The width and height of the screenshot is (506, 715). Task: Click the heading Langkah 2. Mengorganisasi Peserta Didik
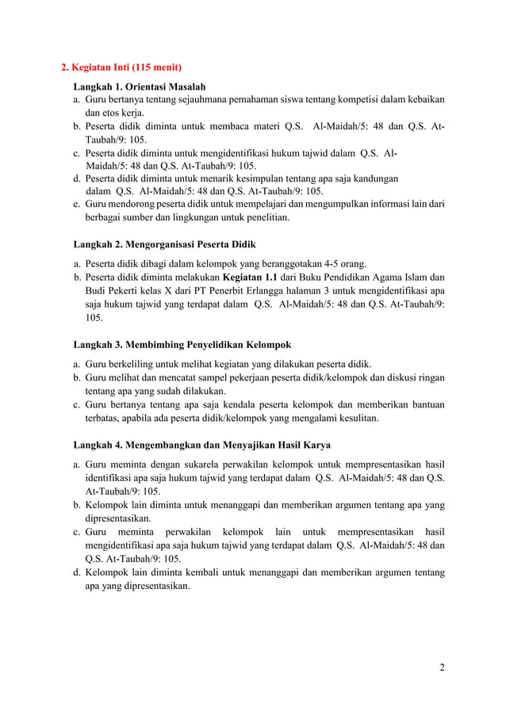(164, 243)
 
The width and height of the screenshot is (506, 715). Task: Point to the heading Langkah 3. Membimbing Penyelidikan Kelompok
(182, 345)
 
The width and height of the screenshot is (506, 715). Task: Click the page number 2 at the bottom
(442, 667)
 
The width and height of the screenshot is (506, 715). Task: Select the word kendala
(233, 404)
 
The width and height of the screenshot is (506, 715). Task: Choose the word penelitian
(264, 216)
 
